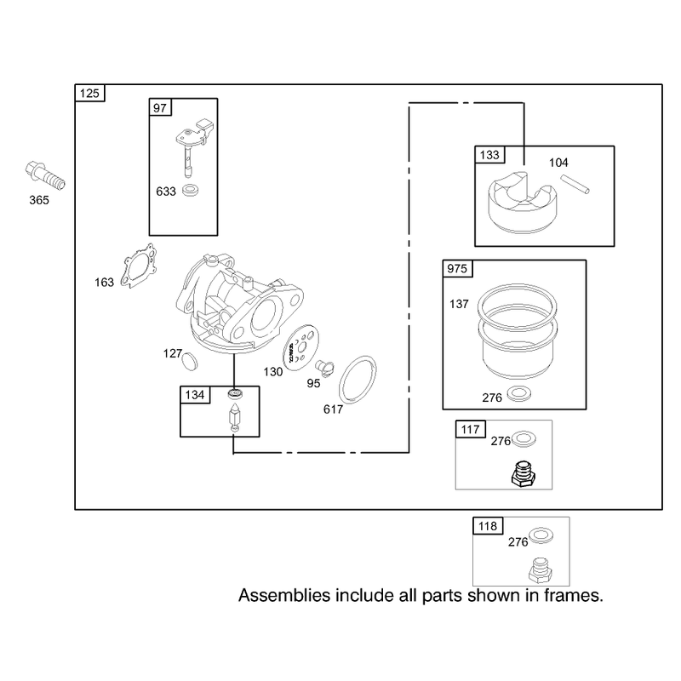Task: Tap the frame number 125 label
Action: click(x=89, y=94)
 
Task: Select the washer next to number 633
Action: click(x=190, y=190)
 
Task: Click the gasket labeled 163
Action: click(x=139, y=266)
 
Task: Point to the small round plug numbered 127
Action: click(x=189, y=361)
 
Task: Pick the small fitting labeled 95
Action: click(x=324, y=369)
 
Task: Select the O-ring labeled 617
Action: click(x=358, y=379)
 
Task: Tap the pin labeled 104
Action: click(x=575, y=184)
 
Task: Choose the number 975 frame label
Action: click(x=457, y=269)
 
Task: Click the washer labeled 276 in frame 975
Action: click(x=518, y=393)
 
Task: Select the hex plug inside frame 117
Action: click(x=524, y=474)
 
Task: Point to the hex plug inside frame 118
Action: click(x=541, y=570)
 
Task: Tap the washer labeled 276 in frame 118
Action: click(x=541, y=535)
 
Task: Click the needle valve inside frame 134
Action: click(x=234, y=417)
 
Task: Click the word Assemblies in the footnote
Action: click(x=284, y=595)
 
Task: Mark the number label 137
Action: click(x=459, y=304)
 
